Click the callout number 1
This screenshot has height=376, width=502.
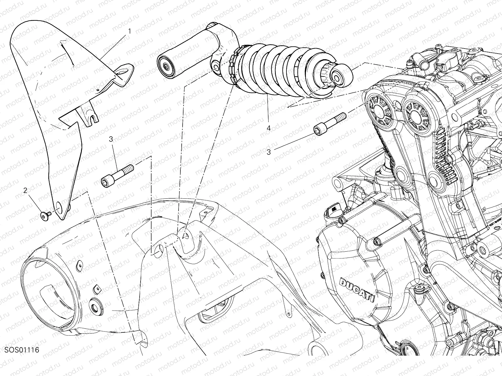130,31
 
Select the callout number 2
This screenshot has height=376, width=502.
25,191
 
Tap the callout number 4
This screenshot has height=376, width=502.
269,128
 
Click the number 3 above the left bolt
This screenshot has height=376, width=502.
111,139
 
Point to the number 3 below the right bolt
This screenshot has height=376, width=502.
269,152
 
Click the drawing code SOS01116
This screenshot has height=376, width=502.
22,350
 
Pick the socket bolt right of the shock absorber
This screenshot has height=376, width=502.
329,124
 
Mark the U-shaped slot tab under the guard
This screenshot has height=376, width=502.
91,117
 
